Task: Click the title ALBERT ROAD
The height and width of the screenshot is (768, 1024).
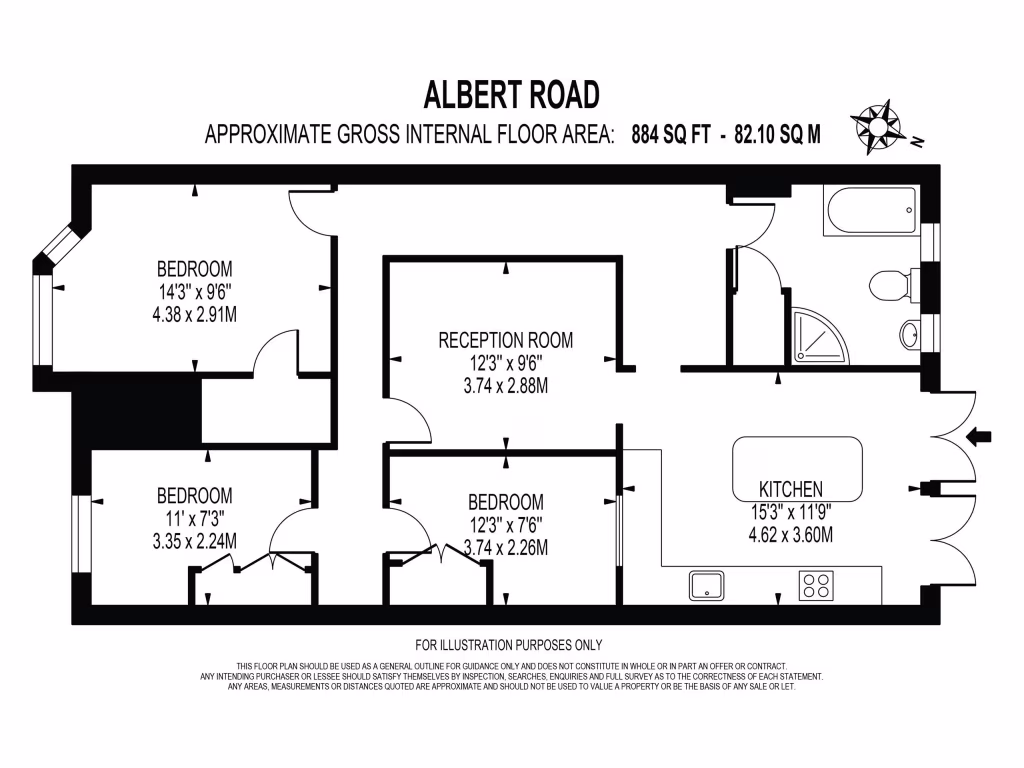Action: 511,95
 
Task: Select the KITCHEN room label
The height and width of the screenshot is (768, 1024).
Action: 791,490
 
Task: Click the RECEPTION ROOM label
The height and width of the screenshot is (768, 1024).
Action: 506,341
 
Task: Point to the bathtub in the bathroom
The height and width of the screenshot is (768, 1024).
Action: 870,211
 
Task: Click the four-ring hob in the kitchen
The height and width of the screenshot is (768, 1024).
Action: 816,585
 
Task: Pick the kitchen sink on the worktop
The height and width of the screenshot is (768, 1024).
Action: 706,585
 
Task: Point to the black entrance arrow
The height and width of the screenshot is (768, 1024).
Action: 980,436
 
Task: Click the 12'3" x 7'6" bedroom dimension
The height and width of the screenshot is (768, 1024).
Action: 506,525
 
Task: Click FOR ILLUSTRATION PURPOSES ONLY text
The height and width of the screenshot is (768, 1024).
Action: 508,645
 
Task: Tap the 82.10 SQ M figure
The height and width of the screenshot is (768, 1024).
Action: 777,135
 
